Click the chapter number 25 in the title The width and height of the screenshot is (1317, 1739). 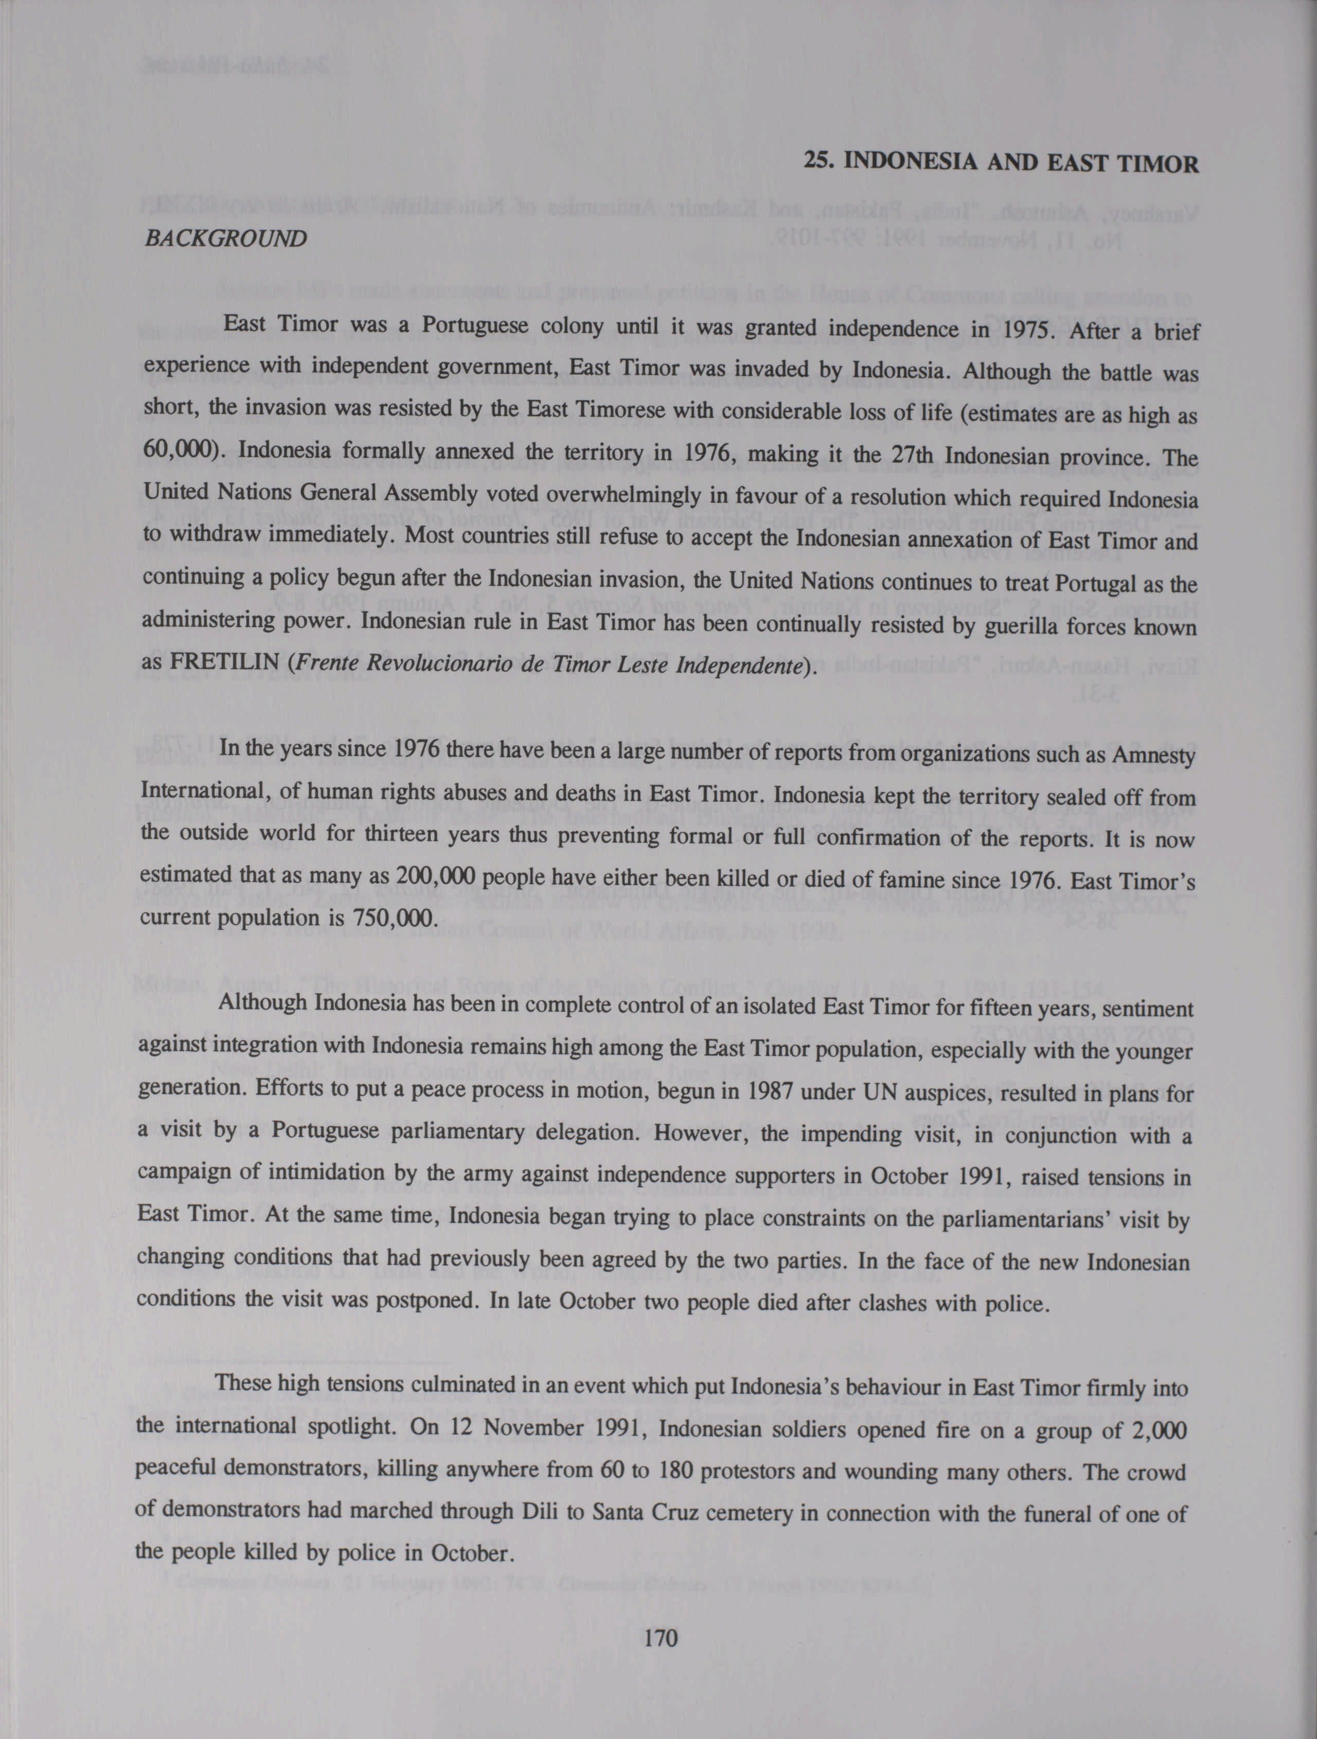pos(814,164)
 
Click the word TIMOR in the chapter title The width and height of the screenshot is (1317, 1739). pos(1159,164)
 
